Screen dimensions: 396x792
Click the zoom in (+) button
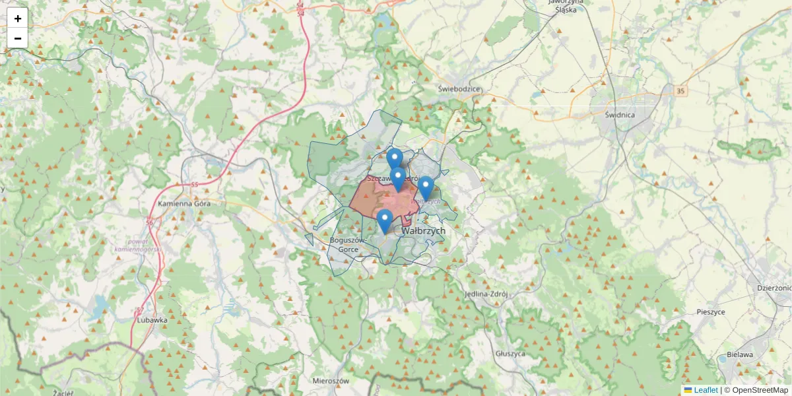coord(18,18)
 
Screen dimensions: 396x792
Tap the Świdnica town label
coord(619,114)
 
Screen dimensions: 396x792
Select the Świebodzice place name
coord(460,88)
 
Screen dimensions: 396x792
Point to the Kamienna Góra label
coord(184,203)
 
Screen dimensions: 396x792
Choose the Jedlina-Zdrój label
coord(485,294)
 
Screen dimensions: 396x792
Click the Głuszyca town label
coord(510,354)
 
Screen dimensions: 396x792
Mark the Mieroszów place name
coord(331,381)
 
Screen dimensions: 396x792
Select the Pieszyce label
coord(711,312)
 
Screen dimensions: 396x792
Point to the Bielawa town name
coord(739,354)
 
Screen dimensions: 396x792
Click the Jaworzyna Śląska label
coord(567,5)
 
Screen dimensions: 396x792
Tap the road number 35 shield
coord(680,89)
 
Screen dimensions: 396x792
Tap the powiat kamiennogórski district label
coord(137,245)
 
